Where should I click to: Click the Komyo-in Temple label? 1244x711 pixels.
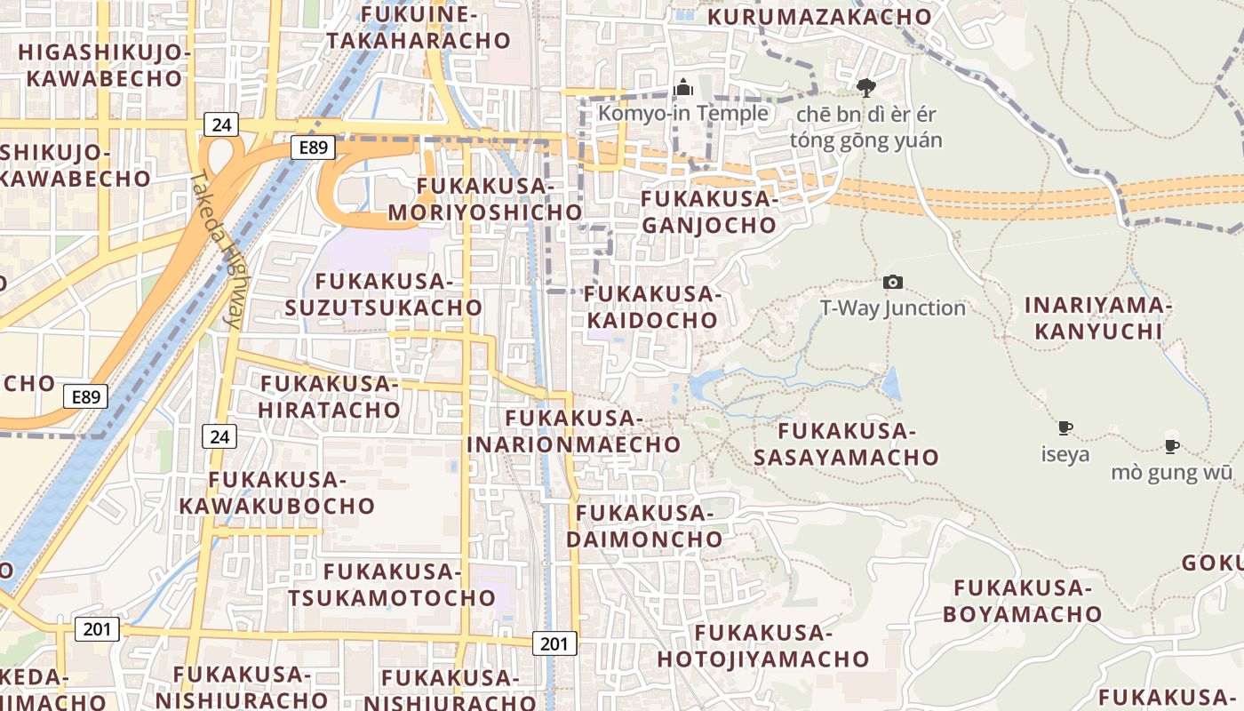[682, 113]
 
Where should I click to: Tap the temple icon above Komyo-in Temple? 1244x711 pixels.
[683, 87]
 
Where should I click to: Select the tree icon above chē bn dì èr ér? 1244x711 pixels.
[866, 87]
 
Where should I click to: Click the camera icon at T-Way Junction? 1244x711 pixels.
[892, 282]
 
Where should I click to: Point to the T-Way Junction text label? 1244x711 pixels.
[892, 308]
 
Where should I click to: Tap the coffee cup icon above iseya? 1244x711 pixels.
[1065, 428]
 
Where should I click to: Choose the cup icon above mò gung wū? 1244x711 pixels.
[1172, 446]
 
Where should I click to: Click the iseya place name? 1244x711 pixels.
[1065, 454]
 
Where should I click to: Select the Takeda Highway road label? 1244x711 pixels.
[216, 250]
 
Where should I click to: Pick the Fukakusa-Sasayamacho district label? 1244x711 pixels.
[846, 444]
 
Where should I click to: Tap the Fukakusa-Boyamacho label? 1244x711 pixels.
[1022, 601]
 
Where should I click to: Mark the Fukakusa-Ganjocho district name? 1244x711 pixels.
[709, 212]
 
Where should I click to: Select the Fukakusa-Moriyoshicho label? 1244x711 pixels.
[485, 199]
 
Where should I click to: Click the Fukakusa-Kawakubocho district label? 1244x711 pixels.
[277, 492]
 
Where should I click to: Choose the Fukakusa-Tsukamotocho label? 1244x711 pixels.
[391, 584]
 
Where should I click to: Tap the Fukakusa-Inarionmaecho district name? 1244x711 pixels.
[574, 431]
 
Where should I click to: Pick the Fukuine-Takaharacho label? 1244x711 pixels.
[419, 28]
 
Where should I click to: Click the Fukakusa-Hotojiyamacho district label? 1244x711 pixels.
[763, 646]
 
